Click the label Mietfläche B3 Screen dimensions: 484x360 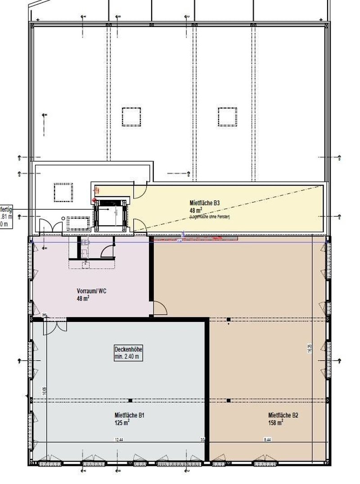coord(204,204)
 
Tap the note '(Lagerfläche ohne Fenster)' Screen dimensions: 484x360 coord(210,217)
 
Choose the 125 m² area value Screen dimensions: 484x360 coord(122,423)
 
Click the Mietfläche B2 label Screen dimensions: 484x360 coord(283,416)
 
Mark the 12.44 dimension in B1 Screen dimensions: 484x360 coord(119,439)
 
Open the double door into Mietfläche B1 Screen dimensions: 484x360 coord(54,326)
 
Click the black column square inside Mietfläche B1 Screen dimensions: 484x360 coord(130,400)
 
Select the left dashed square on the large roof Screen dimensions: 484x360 coord(131,117)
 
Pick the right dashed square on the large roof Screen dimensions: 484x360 coord(227,117)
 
